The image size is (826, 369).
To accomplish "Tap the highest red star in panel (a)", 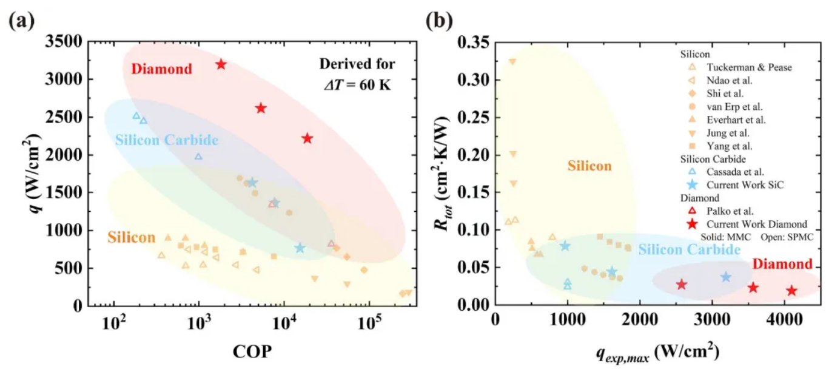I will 221,64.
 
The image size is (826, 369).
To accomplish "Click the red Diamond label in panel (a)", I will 161,69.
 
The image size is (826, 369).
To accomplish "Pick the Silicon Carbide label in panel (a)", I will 166,140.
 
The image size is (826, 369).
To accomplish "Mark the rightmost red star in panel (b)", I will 791,291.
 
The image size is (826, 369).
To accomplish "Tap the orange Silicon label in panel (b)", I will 589,166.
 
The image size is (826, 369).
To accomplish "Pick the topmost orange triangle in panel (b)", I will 512,61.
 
